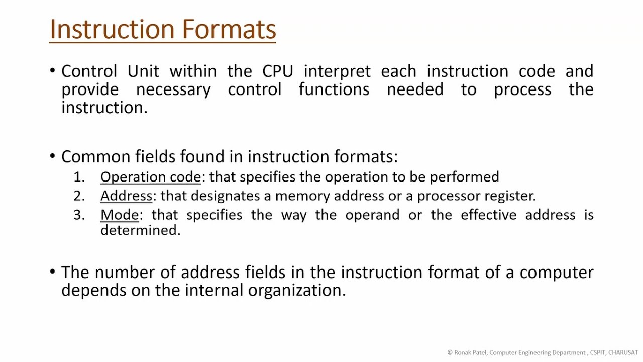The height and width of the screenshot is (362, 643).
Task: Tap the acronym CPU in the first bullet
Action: [x=277, y=71]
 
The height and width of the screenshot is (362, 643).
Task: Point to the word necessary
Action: [x=173, y=89]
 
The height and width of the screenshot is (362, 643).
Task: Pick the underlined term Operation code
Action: [x=151, y=177]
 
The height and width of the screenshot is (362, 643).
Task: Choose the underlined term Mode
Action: [x=120, y=215]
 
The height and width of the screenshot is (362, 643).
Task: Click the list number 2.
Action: [x=79, y=196]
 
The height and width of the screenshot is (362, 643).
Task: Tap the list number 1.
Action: [x=79, y=177]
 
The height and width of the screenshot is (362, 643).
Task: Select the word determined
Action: [x=140, y=230]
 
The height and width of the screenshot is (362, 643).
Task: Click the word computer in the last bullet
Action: [x=556, y=273]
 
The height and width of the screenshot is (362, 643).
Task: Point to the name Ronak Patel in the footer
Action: [x=470, y=353]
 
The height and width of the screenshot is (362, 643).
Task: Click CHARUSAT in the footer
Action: [x=623, y=353]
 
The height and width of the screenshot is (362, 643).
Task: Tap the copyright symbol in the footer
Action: [x=450, y=353]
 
